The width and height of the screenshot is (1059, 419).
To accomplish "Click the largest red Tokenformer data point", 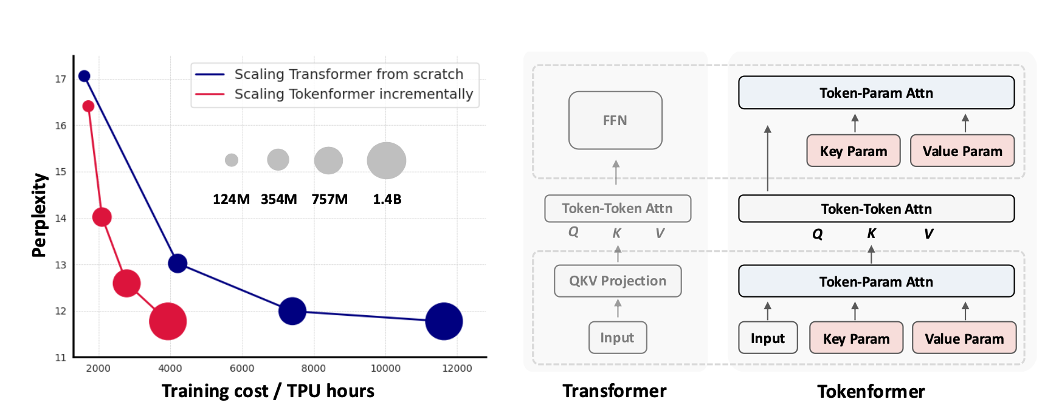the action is coord(168,321).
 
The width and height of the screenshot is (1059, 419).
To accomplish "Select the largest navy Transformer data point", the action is coord(444,321).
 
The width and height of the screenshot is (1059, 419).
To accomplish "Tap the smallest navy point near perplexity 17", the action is coord(85,76).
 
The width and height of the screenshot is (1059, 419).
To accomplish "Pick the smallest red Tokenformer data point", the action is coord(88,106).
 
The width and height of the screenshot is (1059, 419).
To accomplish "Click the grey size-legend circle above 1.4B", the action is coord(387,160).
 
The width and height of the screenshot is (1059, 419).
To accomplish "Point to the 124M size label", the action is coord(231,199).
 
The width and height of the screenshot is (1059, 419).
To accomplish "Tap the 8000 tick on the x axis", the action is coord(314,368).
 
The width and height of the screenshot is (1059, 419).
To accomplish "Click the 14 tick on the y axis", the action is coord(61,218).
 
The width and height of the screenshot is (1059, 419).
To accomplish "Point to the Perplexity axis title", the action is coord(40,215).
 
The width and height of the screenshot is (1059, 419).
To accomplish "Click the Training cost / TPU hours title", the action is coord(268,390).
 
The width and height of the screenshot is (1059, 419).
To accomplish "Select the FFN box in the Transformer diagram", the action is coord(615,120).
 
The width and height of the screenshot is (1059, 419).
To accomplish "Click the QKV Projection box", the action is coord(618,281).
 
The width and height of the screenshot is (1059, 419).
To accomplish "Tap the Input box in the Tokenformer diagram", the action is coord(768,338).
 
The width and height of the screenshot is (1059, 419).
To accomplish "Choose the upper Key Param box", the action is coord(854,151).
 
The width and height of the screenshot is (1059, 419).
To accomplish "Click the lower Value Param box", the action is coord(964,338).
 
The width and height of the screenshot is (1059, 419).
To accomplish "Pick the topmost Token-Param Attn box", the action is coord(876,92).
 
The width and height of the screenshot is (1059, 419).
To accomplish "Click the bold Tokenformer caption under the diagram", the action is coord(871,391).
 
